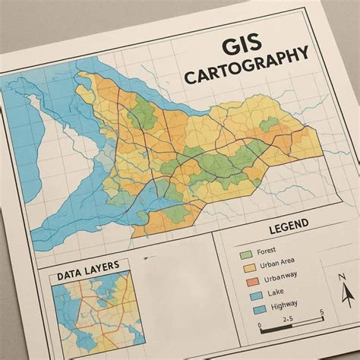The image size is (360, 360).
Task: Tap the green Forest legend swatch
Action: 245,253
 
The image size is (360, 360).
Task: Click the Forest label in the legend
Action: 267,251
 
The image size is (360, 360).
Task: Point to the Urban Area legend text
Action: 276,264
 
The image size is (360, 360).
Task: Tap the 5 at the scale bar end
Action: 322,312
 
